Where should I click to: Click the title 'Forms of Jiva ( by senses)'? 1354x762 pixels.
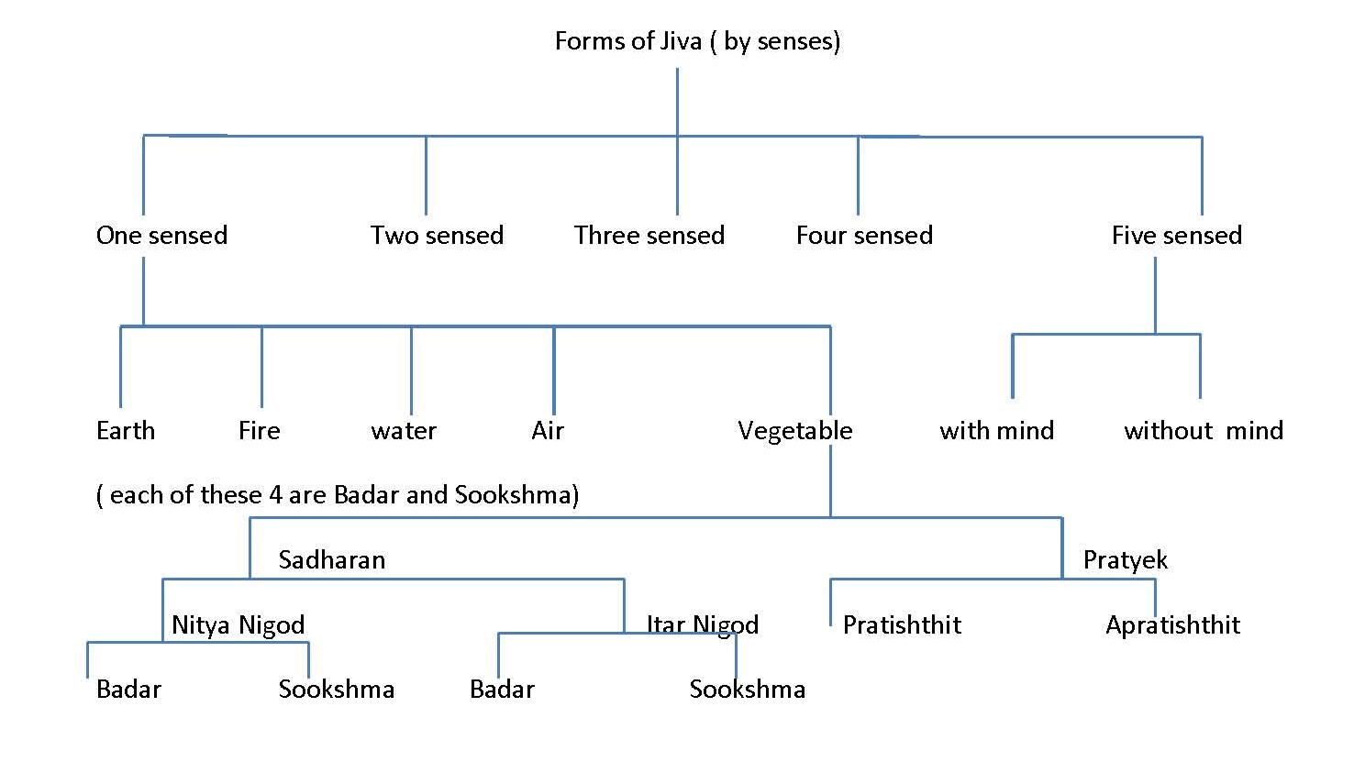pos(697,41)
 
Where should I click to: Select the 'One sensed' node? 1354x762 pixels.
pos(161,236)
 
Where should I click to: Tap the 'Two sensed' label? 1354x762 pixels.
pos(437,236)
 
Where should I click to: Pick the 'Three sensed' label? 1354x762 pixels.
pos(649,236)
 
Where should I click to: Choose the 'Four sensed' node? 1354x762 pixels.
pos(864,236)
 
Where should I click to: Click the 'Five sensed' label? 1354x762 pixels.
pos(1176,236)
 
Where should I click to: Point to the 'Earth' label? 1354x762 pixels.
pos(126,431)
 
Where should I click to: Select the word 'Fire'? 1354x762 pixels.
pos(260,431)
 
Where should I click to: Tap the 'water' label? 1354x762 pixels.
pos(404,431)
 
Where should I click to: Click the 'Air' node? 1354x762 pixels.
pos(548,431)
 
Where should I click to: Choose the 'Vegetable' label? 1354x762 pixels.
pos(795,431)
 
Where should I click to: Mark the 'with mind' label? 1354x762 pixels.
pos(997,431)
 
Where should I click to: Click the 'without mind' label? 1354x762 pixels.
pos(1204,431)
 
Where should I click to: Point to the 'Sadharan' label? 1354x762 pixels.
pos(332,560)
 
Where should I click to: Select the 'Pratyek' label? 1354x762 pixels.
pos(1126,560)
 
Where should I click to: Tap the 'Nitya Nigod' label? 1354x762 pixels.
pos(238,625)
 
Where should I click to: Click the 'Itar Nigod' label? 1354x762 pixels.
pos(703,625)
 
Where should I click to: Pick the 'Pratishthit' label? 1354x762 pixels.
pos(902,625)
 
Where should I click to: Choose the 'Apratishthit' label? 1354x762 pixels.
pos(1172,625)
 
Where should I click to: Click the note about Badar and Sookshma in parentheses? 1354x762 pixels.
pos(338,495)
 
